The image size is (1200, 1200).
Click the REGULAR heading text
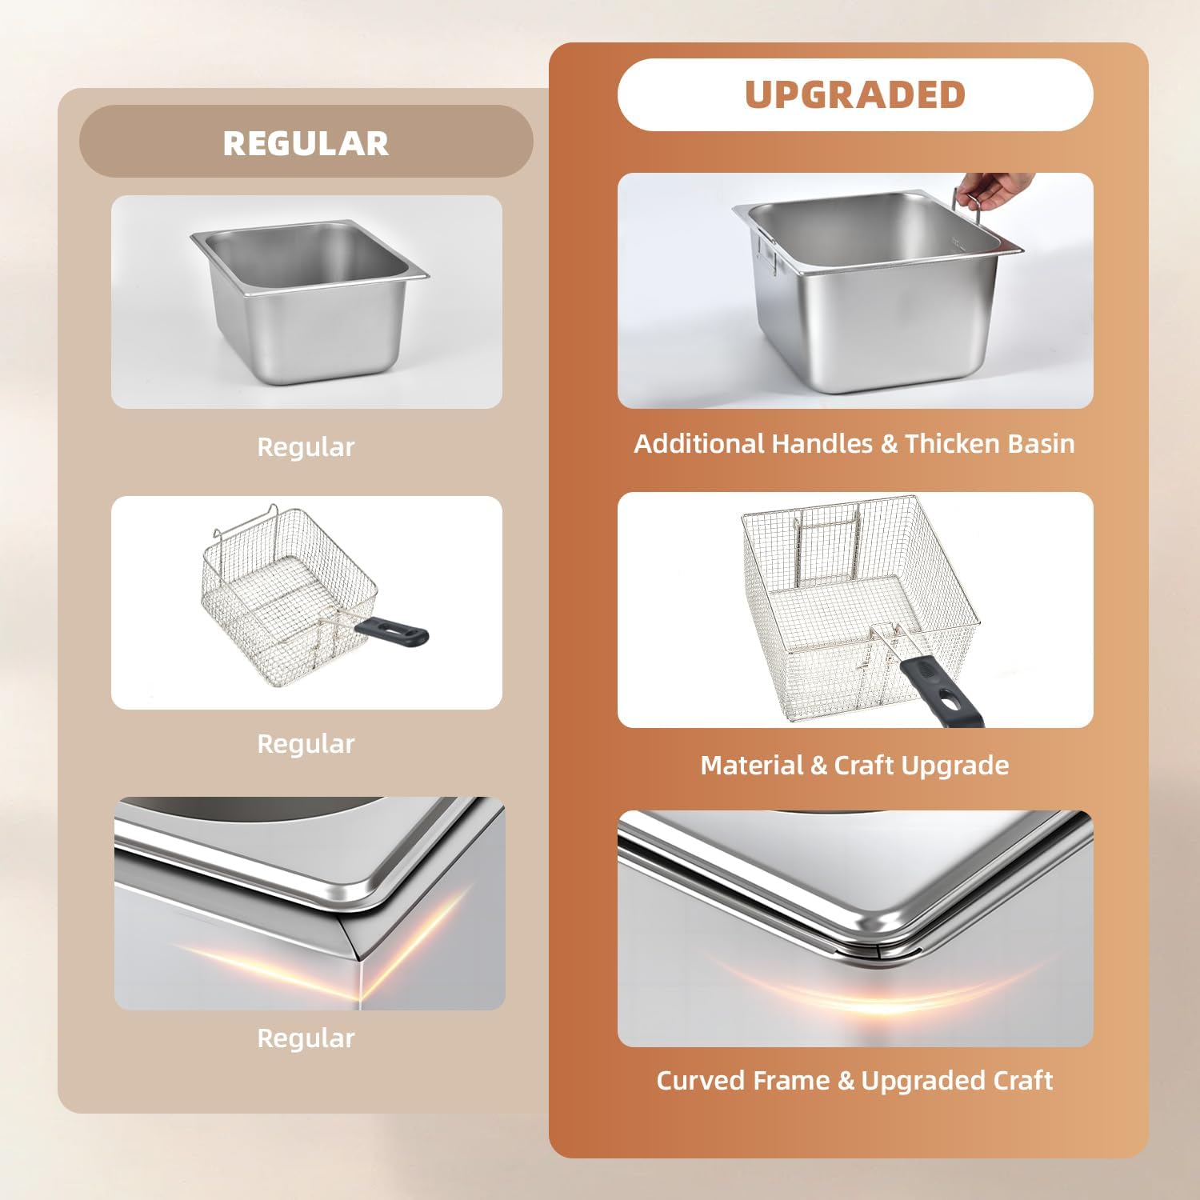(306, 143)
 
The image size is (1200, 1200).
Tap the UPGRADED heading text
(855, 94)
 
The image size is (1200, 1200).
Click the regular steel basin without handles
(310, 302)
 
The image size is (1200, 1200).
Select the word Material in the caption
(752, 766)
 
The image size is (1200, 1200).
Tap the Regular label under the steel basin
(306, 447)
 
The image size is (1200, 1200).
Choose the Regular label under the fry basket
(306, 744)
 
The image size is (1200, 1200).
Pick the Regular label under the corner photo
(306, 1038)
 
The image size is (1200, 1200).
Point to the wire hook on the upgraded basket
(824, 544)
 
